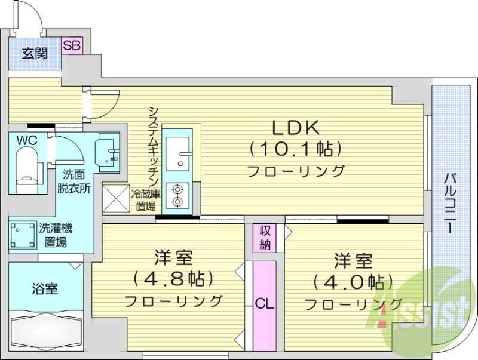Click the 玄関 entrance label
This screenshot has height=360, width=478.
coord(35,53)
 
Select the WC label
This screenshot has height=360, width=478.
coord(25,140)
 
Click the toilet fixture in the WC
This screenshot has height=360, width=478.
coord(27,167)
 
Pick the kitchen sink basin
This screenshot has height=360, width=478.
coord(177,153)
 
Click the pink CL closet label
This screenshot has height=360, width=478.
coord(264,303)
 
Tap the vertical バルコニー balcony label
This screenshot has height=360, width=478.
coord(452,203)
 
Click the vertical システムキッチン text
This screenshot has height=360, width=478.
coord(153,147)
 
